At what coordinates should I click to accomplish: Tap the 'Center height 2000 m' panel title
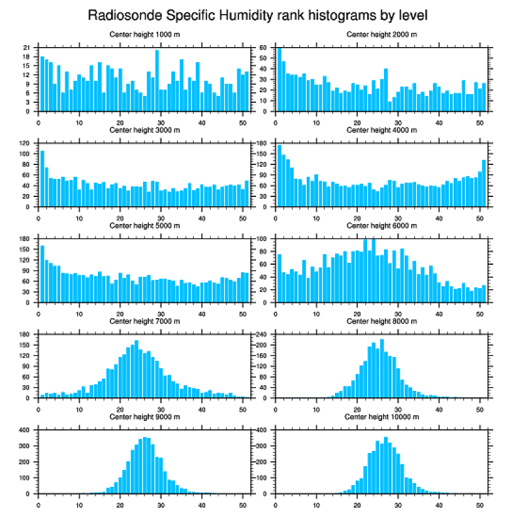[x=381, y=35]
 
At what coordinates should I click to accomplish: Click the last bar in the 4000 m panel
[x=484, y=183]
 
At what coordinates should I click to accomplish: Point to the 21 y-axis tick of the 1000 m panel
[x=26, y=48]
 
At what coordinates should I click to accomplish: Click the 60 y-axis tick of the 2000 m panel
[x=264, y=48]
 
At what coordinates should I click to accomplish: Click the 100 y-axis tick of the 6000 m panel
[x=262, y=239]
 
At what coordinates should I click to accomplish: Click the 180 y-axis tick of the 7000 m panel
[x=24, y=334]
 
